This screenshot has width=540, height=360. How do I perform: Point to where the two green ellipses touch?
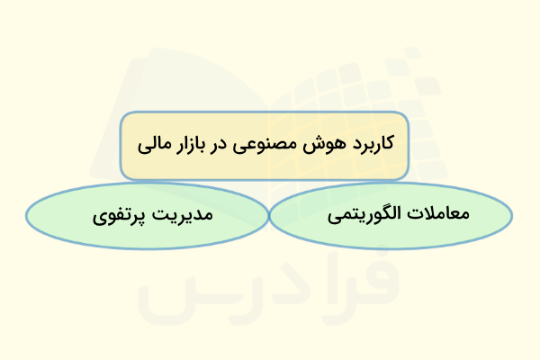pos(269,217)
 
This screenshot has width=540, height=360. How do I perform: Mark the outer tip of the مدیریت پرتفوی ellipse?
pos(26,217)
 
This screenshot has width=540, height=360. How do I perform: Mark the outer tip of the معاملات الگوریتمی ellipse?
pos(513,217)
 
